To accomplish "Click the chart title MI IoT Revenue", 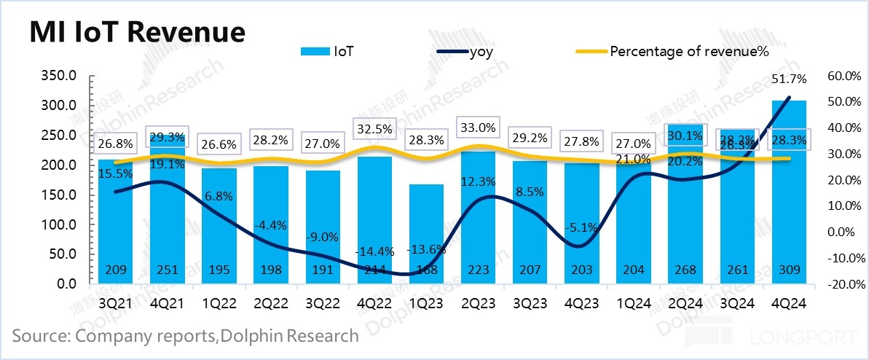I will point(136,33).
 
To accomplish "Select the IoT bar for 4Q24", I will point(788,189).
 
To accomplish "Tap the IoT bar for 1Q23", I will point(426,233).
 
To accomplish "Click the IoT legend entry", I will point(343,51).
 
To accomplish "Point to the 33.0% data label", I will point(479,127).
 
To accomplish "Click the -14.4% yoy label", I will point(374,251).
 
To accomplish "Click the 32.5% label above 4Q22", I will point(374,128).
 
